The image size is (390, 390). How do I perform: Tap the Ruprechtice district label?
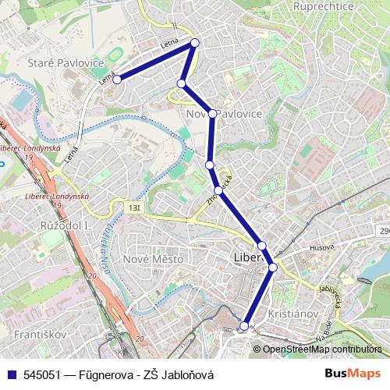pos(324,6)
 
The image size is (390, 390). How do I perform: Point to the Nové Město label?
pos(154,258)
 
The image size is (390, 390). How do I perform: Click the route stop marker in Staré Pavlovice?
pos(117,79)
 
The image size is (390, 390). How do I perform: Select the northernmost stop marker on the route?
pos(195,43)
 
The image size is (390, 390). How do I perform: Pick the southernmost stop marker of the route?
pos(245,326)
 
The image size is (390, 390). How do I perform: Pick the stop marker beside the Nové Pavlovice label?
pos(212,114)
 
